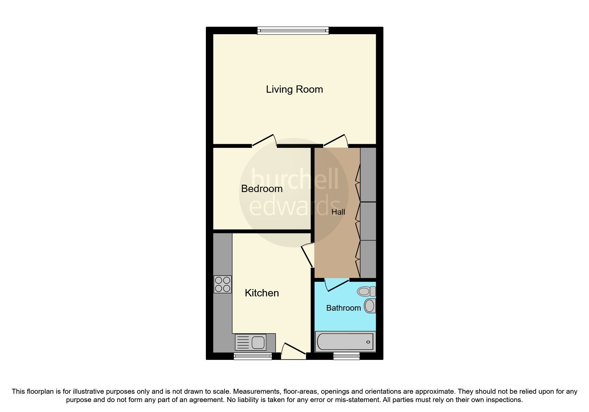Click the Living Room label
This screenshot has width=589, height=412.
click(x=294, y=89)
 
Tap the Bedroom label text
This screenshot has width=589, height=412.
click(x=262, y=189)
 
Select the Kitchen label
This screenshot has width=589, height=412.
click(x=262, y=293)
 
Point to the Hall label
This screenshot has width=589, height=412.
click(x=338, y=212)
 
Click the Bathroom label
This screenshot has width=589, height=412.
click(x=343, y=308)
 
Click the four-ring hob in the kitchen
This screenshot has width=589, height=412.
click(x=222, y=284)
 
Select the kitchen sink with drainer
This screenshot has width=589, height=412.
click(x=250, y=342)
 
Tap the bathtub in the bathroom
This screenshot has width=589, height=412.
click(x=345, y=341)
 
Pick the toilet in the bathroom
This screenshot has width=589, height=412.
click(x=366, y=291)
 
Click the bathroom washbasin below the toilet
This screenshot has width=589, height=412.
click(x=370, y=306)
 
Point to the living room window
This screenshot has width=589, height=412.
click(x=293, y=31)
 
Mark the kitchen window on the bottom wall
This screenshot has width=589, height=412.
click(x=253, y=357)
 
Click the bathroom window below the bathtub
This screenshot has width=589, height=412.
click(x=347, y=357)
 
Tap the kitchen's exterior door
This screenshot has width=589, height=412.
click(x=294, y=350)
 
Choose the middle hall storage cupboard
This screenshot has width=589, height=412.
click(x=368, y=221)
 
